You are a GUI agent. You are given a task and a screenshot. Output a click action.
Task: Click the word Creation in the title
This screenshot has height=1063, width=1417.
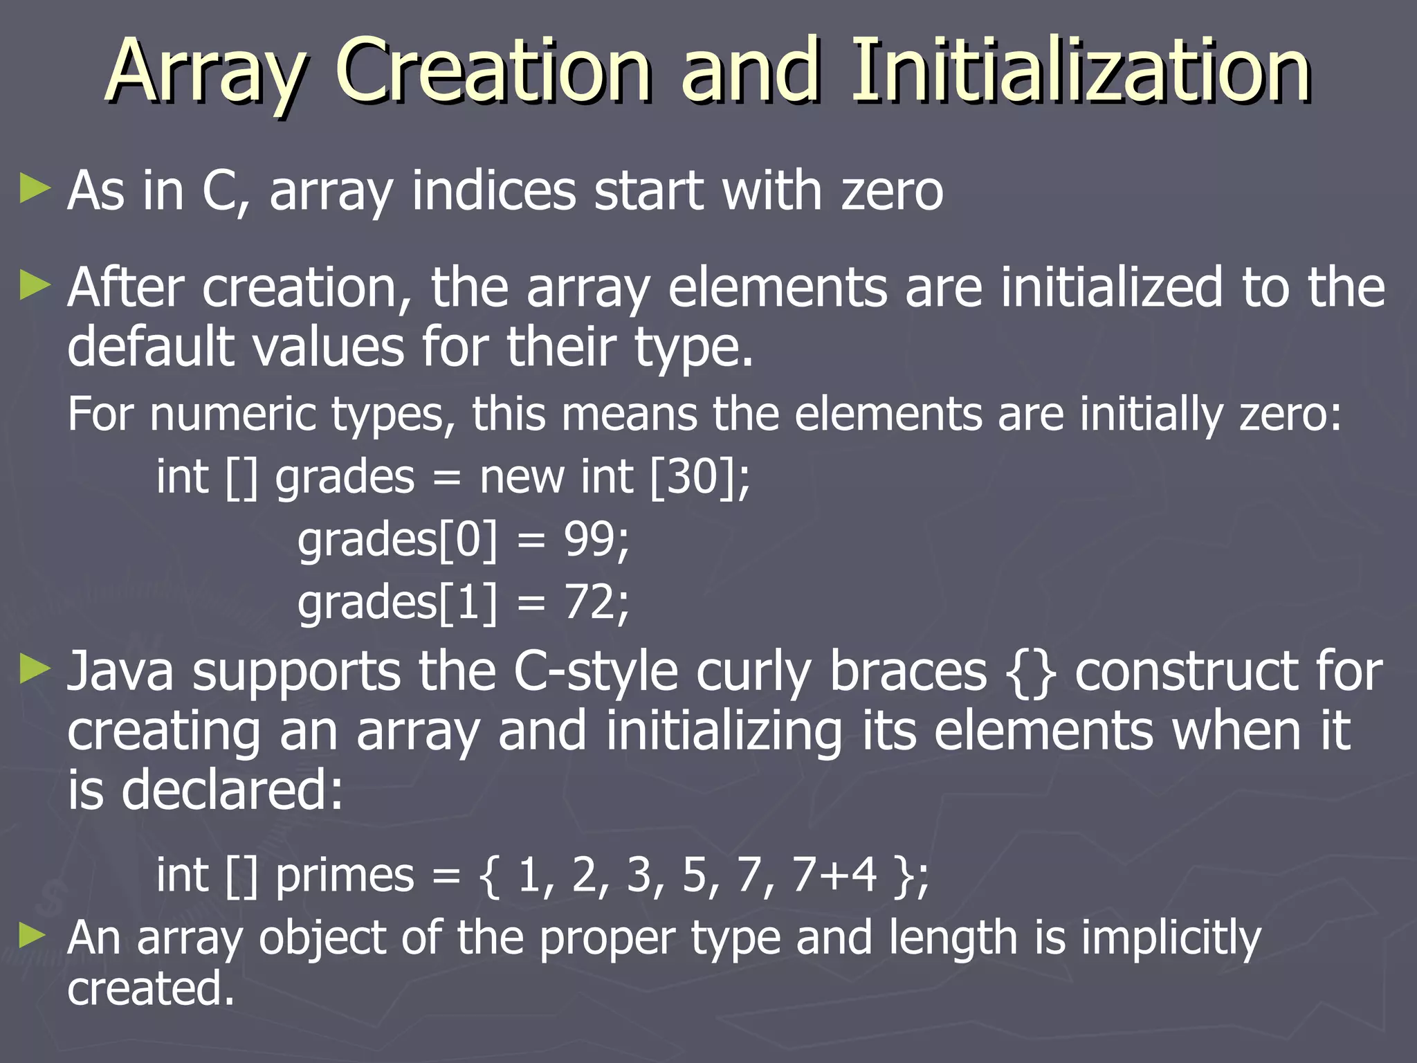493,70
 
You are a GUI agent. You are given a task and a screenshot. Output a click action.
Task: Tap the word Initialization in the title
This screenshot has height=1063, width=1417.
1080,70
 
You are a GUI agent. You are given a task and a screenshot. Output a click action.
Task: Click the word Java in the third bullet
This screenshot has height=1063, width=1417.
120,671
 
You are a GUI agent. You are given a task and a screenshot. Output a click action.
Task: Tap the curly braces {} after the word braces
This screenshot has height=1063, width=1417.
1030,672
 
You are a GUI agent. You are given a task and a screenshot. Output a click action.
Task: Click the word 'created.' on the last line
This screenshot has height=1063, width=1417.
151,988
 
